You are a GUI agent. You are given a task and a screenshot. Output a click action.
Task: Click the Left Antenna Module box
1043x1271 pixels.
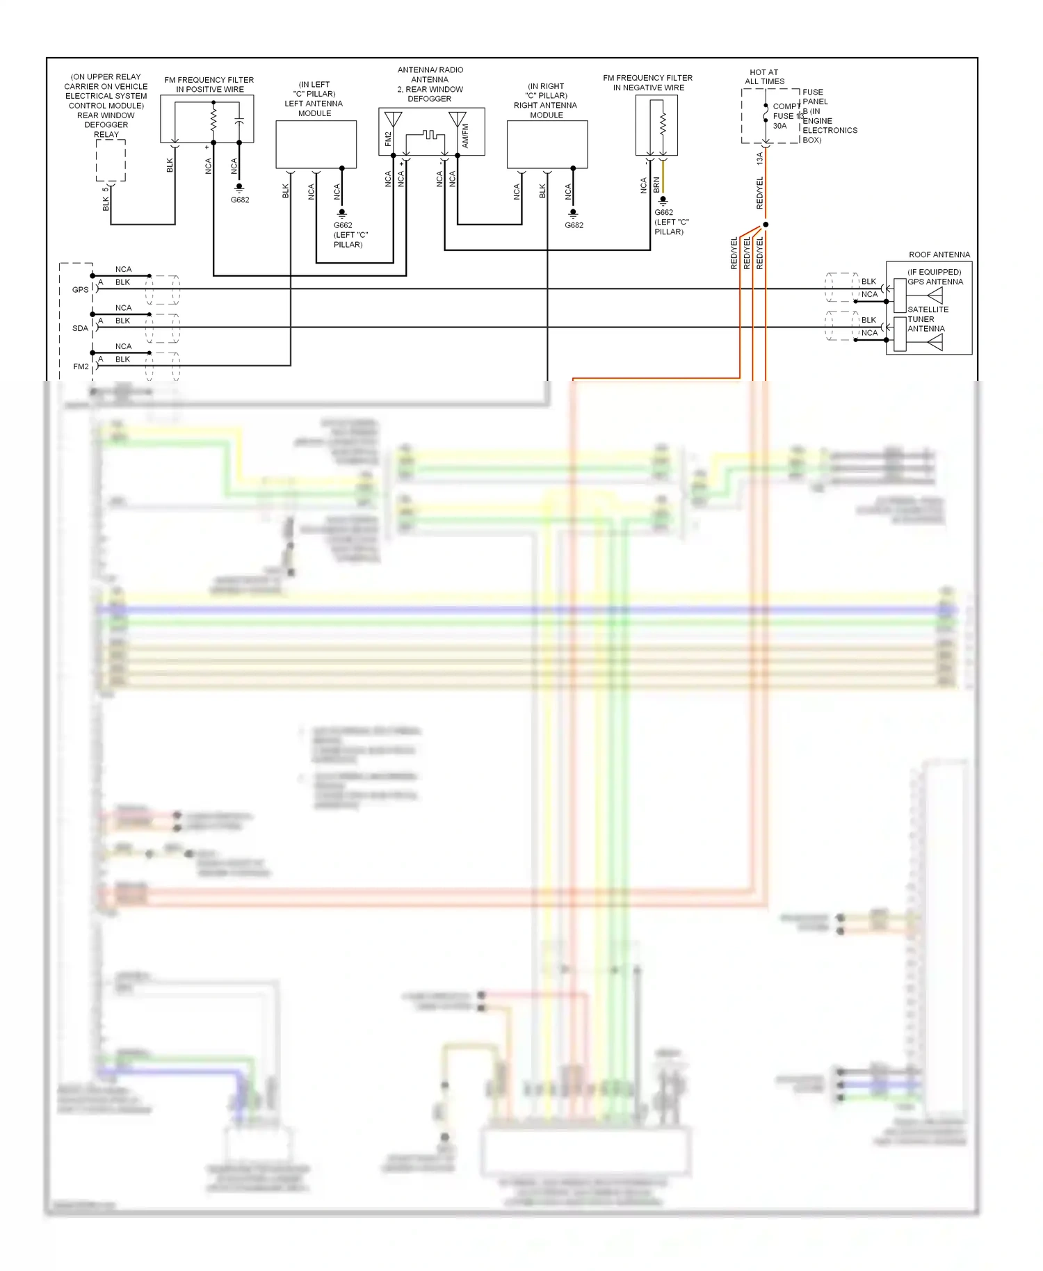click(x=316, y=145)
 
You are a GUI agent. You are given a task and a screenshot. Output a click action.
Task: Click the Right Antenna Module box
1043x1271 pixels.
click(x=547, y=145)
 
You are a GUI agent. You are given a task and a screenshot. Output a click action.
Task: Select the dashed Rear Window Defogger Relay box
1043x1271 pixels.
click(x=111, y=160)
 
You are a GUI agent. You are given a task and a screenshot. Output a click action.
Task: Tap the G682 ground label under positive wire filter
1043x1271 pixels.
click(x=240, y=200)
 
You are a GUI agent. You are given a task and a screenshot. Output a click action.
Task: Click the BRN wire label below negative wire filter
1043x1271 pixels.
click(x=656, y=185)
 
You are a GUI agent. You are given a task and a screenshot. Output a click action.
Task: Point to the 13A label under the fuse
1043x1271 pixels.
click(x=759, y=159)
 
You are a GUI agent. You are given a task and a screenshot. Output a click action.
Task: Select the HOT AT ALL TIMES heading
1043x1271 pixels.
click(x=764, y=76)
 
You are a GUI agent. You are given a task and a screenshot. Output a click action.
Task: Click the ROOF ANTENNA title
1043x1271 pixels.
click(x=939, y=254)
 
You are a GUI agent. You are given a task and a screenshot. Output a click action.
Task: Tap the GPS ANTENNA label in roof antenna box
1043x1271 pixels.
click(x=935, y=282)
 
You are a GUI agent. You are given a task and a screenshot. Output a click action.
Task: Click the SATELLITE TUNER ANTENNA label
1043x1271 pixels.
click(x=927, y=319)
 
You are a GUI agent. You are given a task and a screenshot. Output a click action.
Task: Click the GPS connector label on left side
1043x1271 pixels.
click(x=81, y=290)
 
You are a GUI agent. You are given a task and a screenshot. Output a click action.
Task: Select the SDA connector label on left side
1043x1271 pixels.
click(x=81, y=328)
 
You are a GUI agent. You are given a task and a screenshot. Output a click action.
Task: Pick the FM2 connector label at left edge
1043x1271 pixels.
click(x=81, y=366)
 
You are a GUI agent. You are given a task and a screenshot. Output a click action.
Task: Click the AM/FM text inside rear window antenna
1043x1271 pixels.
click(x=465, y=136)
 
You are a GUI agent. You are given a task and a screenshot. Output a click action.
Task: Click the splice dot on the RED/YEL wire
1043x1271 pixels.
click(x=766, y=225)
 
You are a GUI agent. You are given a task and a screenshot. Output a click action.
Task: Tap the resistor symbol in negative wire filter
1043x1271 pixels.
click(x=663, y=124)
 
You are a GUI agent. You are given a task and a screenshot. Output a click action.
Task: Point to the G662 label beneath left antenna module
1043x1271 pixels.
click(x=343, y=225)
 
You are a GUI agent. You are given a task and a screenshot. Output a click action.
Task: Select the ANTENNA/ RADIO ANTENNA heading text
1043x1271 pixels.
click(x=430, y=74)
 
